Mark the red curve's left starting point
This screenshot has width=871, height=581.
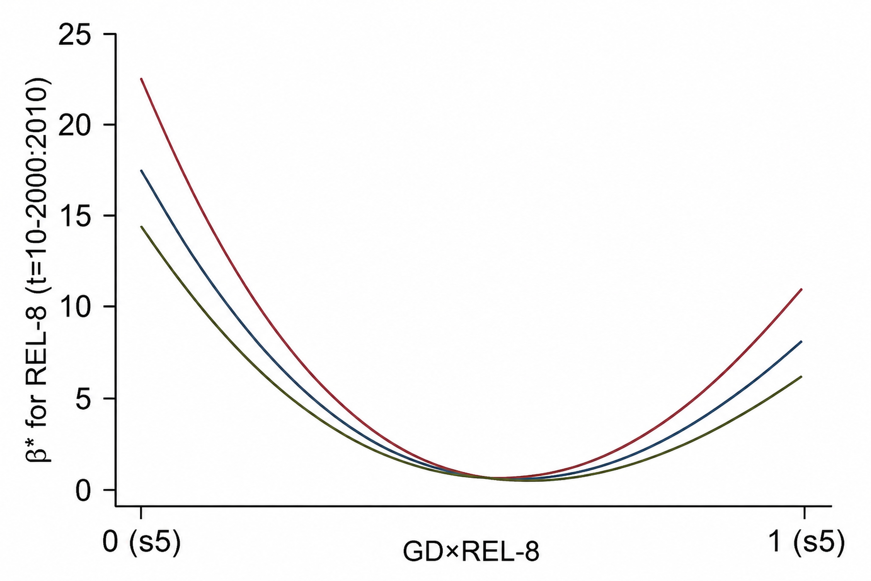point(141,79)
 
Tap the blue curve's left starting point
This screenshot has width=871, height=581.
point(141,171)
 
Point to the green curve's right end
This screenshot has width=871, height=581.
point(801,377)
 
